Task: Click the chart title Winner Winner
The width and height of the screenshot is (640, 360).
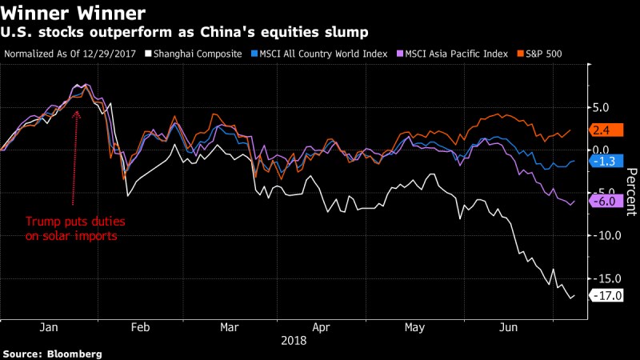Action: (x=74, y=13)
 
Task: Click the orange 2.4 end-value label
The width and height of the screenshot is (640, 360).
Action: (x=602, y=130)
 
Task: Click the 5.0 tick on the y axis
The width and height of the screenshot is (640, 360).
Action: (x=600, y=107)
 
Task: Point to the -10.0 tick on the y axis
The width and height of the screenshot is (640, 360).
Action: (x=602, y=235)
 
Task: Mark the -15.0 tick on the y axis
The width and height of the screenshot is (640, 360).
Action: (x=602, y=278)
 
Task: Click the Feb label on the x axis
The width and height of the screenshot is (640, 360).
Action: (x=141, y=327)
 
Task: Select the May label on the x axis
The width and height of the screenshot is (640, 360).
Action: (x=414, y=327)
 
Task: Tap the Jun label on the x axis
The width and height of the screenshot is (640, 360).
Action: (x=507, y=327)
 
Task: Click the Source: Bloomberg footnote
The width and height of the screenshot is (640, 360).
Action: (x=53, y=353)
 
